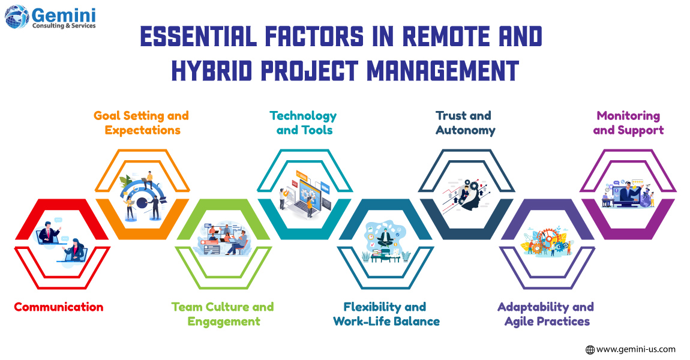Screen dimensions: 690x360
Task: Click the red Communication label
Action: tap(59, 307)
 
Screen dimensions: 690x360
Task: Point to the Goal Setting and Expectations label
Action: tap(141, 123)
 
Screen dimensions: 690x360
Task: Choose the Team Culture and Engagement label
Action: tap(223, 314)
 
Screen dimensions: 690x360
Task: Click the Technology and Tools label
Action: tap(303, 123)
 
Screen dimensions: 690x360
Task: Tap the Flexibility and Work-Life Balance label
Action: tap(386, 314)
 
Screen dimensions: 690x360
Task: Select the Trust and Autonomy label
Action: tap(465, 123)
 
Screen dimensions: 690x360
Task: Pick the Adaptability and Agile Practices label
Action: tap(546, 314)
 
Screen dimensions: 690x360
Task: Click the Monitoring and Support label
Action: tap(628, 123)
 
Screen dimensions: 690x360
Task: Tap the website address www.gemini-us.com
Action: tap(636, 349)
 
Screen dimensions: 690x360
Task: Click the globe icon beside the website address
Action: tap(590, 349)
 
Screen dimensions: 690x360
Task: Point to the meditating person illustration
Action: tap(385, 237)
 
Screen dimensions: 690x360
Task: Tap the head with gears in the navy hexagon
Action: tap(468, 195)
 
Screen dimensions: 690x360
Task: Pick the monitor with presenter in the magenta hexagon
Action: tap(630, 194)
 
